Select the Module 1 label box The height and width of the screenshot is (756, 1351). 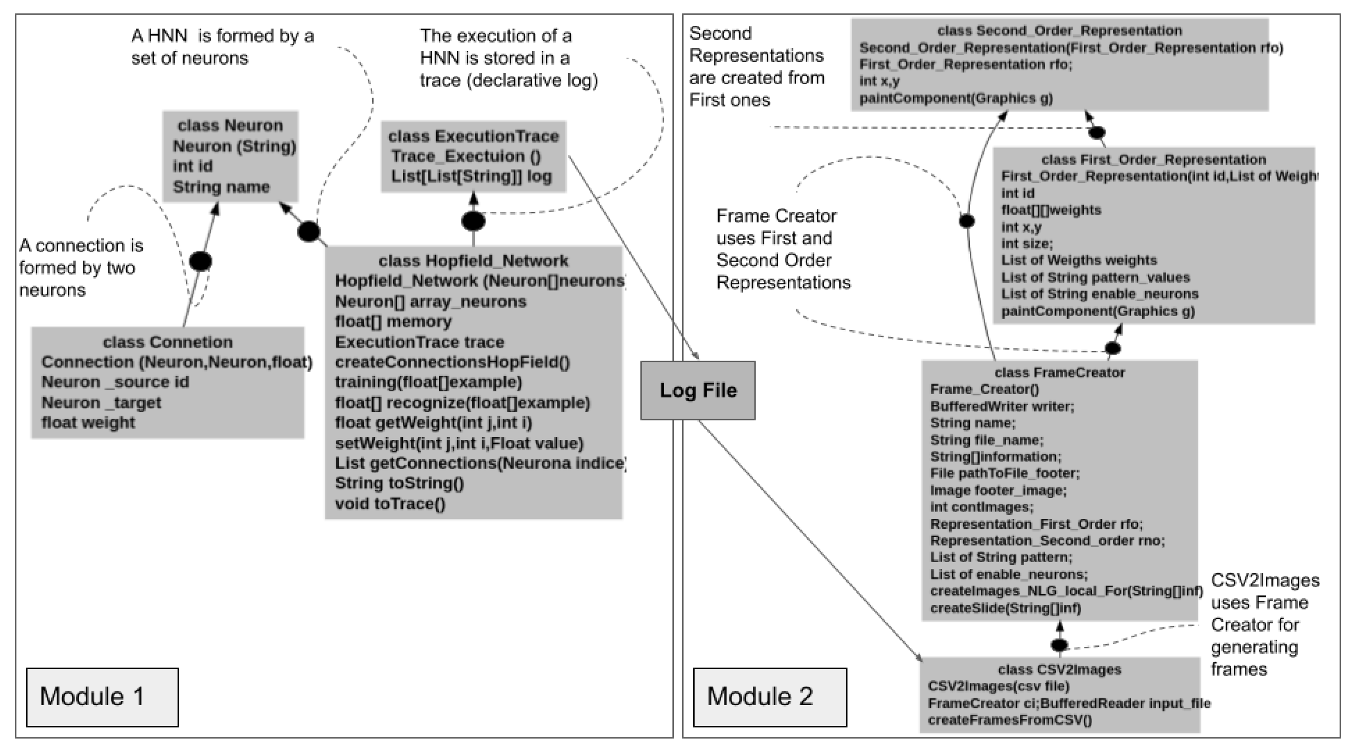coord(102,697)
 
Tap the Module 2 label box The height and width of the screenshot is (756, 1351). coord(770,697)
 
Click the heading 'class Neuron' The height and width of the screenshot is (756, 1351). coord(230,125)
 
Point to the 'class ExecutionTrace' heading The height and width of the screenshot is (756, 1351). coord(473,136)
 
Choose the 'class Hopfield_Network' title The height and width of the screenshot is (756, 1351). coord(473,261)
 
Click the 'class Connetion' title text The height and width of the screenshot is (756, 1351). coord(167,342)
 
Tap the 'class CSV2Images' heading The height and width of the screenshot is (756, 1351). coord(1059,670)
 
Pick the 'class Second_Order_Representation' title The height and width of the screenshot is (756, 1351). coord(1059,30)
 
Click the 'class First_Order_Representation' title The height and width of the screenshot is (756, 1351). coord(1153,160)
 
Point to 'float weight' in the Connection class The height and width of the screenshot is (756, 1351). coord(88,422)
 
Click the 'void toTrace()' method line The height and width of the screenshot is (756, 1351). coord(390,504)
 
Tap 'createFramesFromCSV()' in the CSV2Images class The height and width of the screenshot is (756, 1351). coord(1010,720)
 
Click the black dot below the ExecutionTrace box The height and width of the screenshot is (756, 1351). coord(473,221)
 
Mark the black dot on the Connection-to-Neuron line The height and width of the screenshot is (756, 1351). coord(200,261)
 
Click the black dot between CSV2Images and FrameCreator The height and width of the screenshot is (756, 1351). coord(1059,644)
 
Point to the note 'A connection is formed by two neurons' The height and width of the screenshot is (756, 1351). coord(81,268)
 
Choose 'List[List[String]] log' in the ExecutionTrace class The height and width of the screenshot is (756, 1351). coord(471,176)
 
